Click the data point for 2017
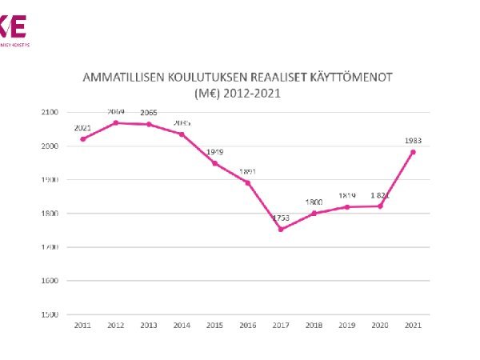coord(281,230)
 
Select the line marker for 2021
coord(414,152)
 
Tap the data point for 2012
coord(115,122)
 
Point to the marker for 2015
coord(214,163)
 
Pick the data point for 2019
coord(347,207)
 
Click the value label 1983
coord(414,141)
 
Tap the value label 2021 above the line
coord(82,128)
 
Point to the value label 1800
coord(314,202)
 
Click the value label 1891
coord(248,171)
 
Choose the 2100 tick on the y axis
coord(50,113)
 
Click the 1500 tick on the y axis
coord(50,314)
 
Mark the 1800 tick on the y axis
coord(50,214)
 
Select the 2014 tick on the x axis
coord(182,326)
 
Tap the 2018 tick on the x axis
coord(314,326)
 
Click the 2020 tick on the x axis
coord(380,326)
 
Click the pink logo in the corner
coord(14,29)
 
